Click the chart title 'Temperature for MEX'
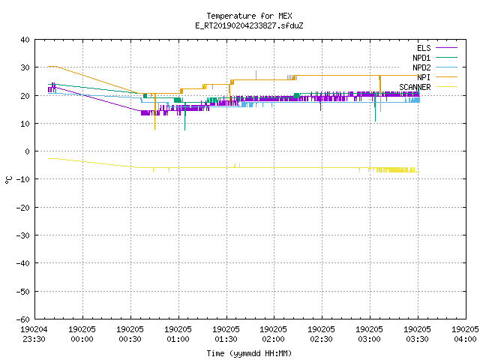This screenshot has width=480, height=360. pyautogui.click(x=249, y=16)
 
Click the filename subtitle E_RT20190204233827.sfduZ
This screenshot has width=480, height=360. pyautogui.click(x=249, y=25)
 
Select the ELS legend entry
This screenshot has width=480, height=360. pyautogui.click(x=424, y=48)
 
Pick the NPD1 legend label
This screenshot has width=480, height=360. pyautogui.click(x=421, y=58)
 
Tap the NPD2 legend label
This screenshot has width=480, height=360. pyautogui.click(x=421, y=67)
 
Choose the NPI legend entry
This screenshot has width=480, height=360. pyautogui.click(x=424, y=77)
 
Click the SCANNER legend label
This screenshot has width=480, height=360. pyautogui.click(x=415, y=87)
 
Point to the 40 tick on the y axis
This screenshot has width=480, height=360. pyautogui.click(x=25, y=40)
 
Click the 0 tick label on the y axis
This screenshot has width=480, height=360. pyautogui.click(x=28, y=151)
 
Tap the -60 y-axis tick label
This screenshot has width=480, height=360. pyautogui.click(x=23, y=319)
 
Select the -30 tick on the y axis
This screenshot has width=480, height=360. pyautogui.click(x=23, y=235)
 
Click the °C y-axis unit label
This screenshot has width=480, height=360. pyautogui.click(x=8, y=180)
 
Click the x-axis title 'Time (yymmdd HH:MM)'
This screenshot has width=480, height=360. pyautogui.click(x=249, y=353)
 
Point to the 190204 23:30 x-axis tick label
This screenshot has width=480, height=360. pyautogui.click(x=34, y=334)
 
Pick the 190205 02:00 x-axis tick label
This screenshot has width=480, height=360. pyautogui.click(x=273, y=334)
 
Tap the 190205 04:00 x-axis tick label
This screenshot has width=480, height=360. pyautogui.click(x=465, y=334)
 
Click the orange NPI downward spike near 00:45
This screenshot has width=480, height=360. pyautogui.click(x=155, y=112)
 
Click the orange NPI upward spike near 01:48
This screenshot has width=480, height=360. pyautogui.click(x=256, y=75)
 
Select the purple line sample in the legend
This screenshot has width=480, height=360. pyautogui.click(x=446, y=48)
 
